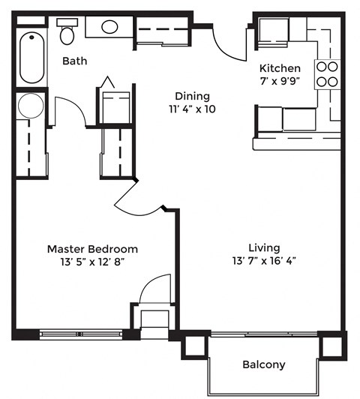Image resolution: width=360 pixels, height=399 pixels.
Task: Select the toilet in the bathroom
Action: (67, 32)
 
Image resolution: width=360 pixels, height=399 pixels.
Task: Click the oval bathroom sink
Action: (109, 28)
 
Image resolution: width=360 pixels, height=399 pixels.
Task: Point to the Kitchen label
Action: (280, 67)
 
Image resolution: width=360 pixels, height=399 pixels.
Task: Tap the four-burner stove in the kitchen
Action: (327, 73)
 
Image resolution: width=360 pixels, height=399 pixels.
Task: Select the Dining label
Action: (192, 96)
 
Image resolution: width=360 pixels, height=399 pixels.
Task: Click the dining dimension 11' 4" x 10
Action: (192, 109)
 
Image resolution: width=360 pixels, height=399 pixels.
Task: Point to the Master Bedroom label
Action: (92, 248)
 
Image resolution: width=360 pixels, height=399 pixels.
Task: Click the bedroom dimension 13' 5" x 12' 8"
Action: (92, 262)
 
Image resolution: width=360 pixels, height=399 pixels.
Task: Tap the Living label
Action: (264, 247)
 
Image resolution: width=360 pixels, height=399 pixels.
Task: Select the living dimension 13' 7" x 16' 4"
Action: (264, 262)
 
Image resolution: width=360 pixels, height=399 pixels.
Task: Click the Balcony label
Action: (263, 365)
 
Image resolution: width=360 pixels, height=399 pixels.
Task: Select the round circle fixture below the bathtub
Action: (31, 106)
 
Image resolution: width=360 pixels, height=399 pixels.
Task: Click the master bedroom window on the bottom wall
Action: (80, 334)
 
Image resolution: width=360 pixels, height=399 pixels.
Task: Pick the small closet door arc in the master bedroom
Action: (156, 288)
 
